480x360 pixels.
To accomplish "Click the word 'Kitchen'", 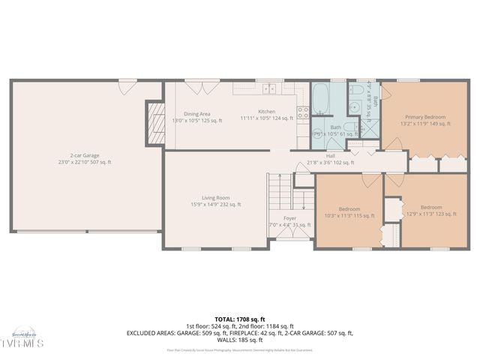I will point(266,112).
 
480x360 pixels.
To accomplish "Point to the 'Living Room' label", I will point(214,198).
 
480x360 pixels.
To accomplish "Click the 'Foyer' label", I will point(289,218).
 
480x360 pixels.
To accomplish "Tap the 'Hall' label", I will point(329,157).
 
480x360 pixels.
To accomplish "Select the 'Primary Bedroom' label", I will point(425,117).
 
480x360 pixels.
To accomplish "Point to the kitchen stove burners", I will point(303,113).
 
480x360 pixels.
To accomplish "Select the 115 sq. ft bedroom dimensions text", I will point(349,215).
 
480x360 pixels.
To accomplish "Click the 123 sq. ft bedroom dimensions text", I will point(430,214).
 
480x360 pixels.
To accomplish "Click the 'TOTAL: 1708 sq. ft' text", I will point(239,319).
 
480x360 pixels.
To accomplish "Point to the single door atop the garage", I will point(125,87).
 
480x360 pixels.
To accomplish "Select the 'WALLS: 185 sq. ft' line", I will point(239,339).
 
